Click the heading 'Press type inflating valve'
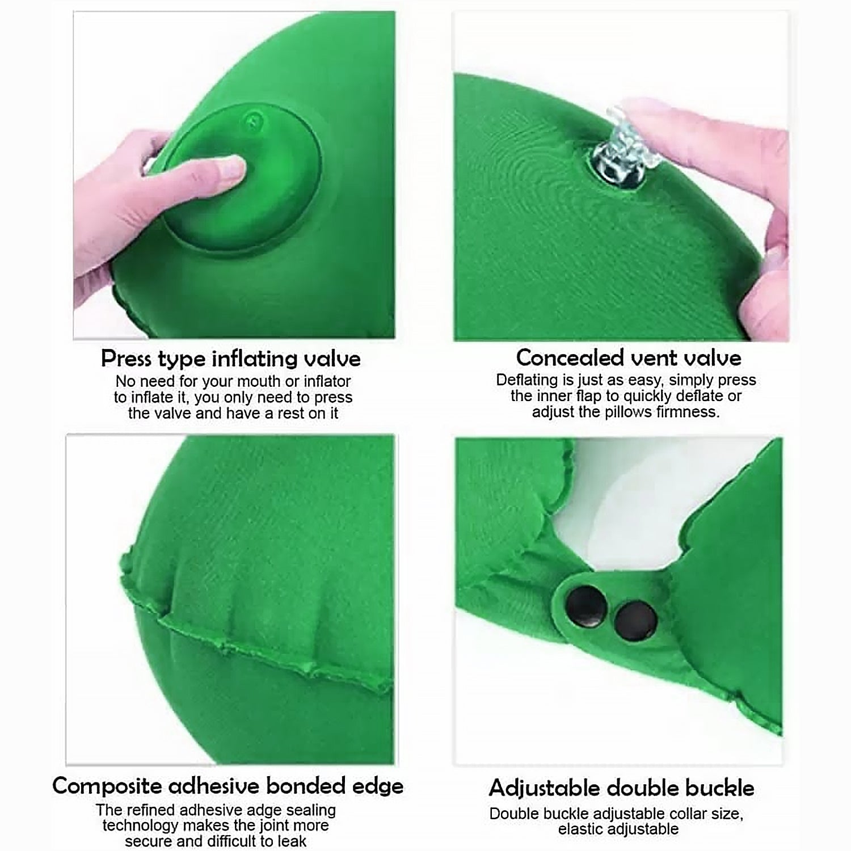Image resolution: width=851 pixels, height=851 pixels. tap(230, 359)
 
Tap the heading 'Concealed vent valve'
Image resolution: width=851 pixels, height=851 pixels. tap(628, 357)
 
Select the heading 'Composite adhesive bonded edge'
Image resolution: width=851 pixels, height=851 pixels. tap(228, 786)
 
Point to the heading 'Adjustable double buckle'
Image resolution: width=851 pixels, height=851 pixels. tap(621, 788)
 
